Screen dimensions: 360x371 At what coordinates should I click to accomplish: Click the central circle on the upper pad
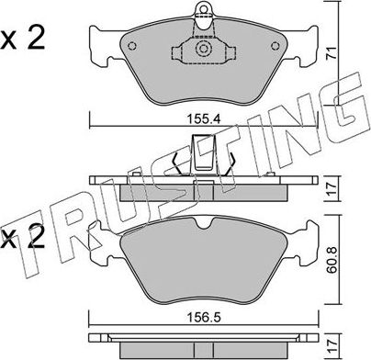point(202,51)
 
